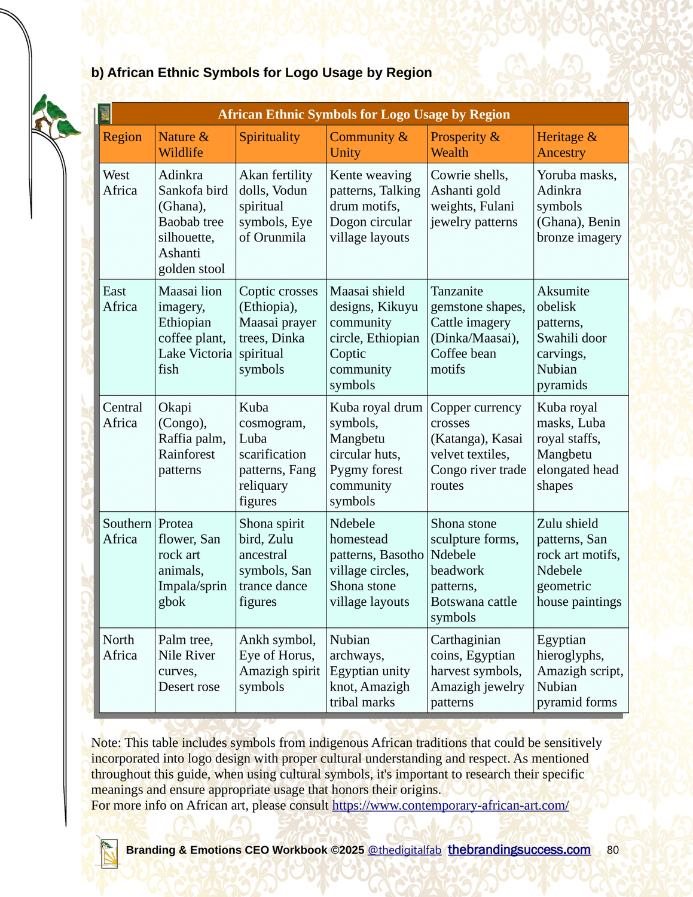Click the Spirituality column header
[x=269, y=137]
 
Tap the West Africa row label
[x=120, y=182]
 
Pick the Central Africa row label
[x=123, y=415]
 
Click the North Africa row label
[x=120, y=647]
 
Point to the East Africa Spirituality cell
[x=278, y=330]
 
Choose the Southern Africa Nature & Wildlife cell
[x=193, y=562]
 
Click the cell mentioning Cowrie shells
[x=474, y=198]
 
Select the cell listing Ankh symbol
[x=279, y=663]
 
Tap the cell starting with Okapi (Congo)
[x=192, y=438]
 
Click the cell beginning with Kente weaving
[x=375, y=206]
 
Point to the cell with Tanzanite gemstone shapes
[x=478, y=330]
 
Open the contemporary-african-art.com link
[x=450, y=806]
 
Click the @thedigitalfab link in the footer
[x=404, y=850]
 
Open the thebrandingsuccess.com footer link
[x=519, y=850]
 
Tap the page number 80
[x=612, y=850]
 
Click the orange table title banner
[x=364, y=114]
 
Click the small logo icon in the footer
[x=108, y=851]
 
